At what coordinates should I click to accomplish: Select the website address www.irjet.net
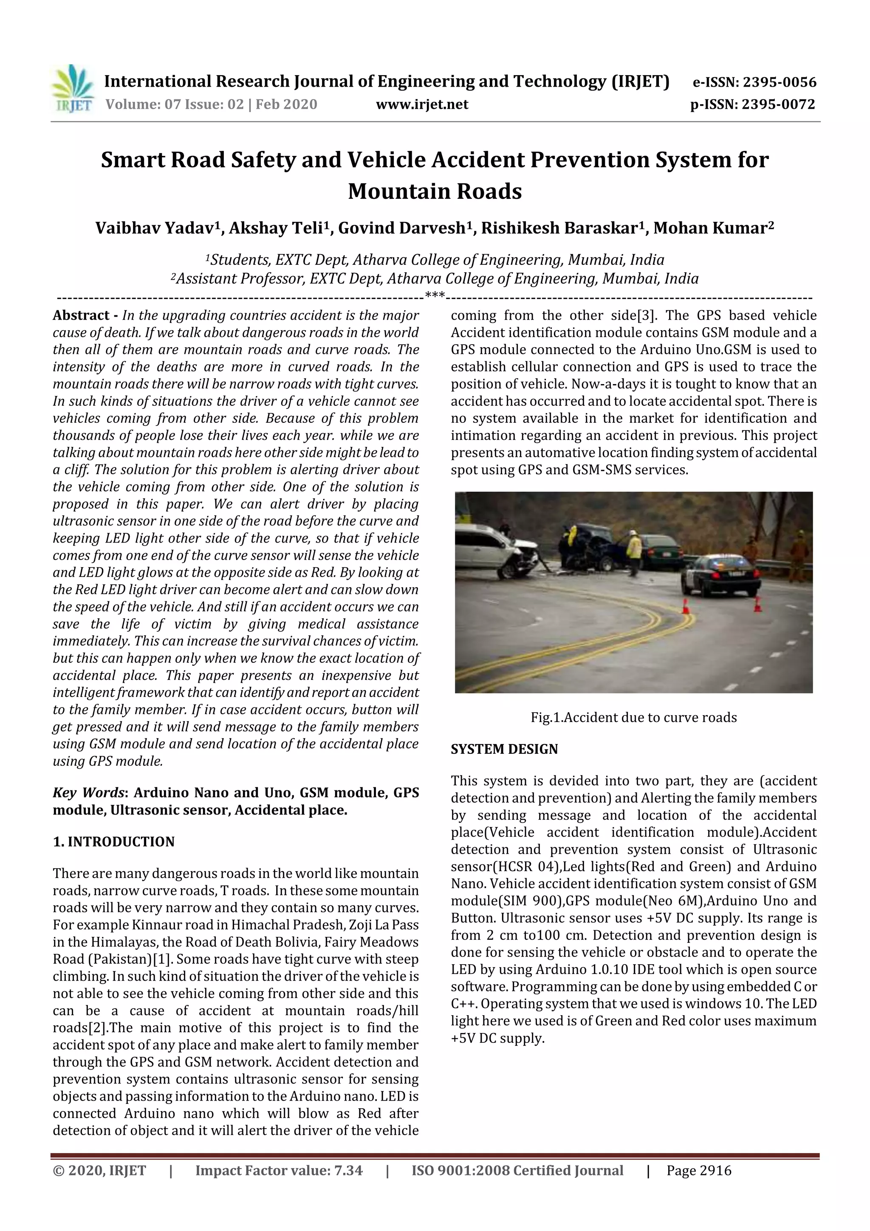tap(422, 105)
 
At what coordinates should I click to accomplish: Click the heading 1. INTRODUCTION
tap(114, 842)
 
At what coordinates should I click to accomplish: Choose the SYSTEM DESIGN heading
tap(504, 749)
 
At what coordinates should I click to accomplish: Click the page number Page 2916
tap(698, 1170)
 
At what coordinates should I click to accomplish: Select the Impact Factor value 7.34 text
tap(279, 1170)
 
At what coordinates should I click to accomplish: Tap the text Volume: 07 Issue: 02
tap(174, 105)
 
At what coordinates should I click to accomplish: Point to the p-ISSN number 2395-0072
tap(778, 105)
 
